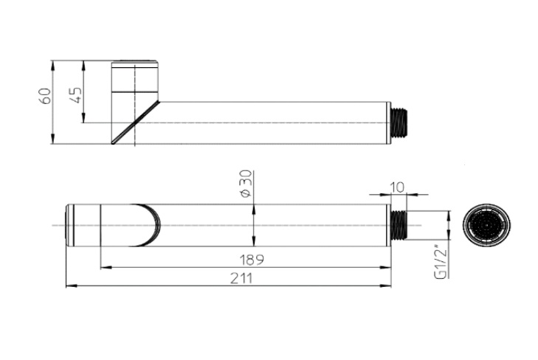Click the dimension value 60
(45, 96)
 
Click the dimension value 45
(76, 95)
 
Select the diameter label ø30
(246, 184)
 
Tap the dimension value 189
(252, 260)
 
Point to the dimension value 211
(241, 278)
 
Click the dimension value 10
(397, 187)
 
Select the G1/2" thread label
(441, 261)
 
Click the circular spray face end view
(486, 225)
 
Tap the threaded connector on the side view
(399, 122)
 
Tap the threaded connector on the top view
(399, 225)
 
